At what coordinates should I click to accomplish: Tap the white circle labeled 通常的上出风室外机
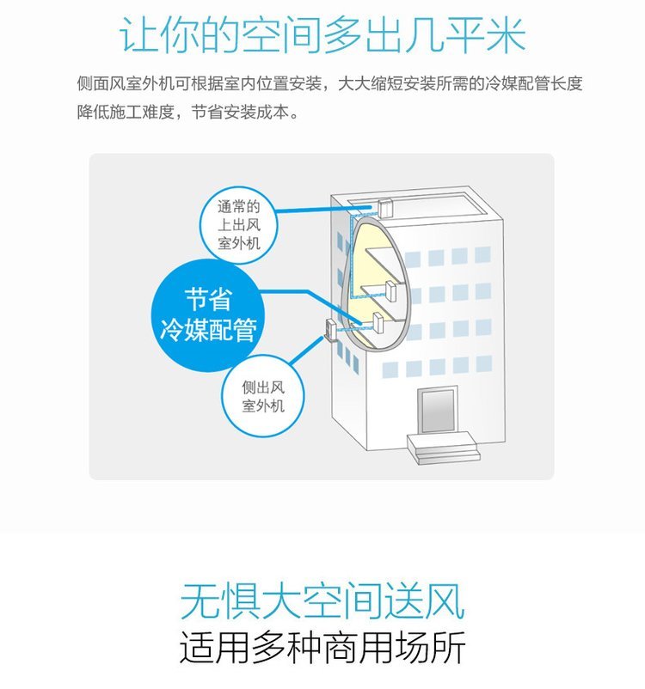pyautogui.click(x=238, y=225)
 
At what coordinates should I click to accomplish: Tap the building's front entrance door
pyautogui.click(x=436, y=412)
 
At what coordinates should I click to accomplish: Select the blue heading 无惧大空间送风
pyautogui.click(x=322, y=601)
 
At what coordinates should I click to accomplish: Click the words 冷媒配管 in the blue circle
pyautogui.click(x=208, y=331)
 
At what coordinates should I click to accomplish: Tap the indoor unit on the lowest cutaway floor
pyautogui.click(x=378, y=323)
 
